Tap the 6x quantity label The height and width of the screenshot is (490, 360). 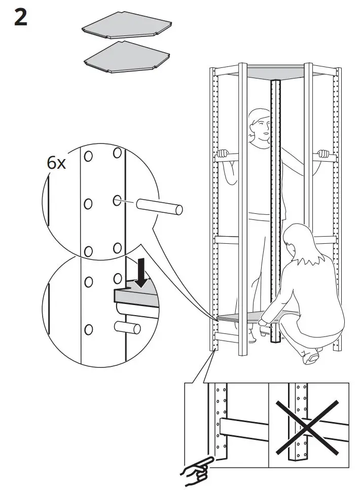[x=57, y=163]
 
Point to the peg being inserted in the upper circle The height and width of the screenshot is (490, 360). [x=158, y=206]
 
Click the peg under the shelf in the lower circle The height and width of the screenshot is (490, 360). [x=129, y=327]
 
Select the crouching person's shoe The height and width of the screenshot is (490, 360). [x=310, y=358]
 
